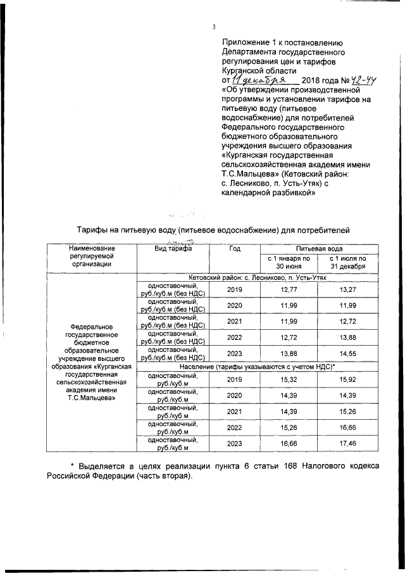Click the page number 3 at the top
pos(214,27)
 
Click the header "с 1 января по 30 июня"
pos(288,263)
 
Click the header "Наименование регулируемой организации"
pos(92,257)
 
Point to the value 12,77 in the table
pos(288,290)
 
